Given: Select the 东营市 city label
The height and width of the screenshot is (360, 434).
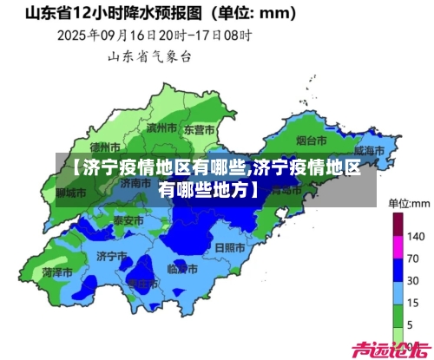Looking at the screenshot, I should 202,130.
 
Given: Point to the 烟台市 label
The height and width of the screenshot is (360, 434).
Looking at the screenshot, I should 311,139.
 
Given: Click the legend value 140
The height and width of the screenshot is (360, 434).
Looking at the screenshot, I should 416,236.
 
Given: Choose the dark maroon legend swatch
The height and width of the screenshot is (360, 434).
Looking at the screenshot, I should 398,225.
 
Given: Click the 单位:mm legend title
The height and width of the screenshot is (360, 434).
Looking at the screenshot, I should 409,203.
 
